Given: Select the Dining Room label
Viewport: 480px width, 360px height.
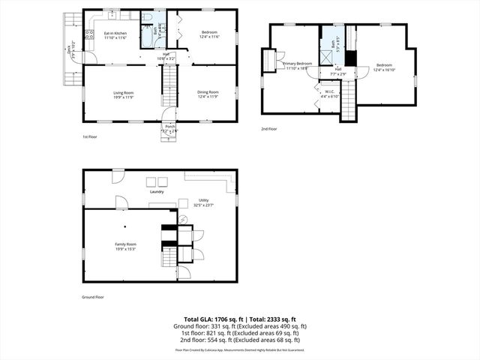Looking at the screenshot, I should point(208,94).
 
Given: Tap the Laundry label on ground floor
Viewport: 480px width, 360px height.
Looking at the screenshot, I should point(157,192).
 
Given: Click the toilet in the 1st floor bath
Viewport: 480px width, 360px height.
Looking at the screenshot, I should point(148,16).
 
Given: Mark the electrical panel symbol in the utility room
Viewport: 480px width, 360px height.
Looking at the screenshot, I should point(181,219).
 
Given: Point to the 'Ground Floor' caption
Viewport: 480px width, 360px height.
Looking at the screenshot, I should point(93,297).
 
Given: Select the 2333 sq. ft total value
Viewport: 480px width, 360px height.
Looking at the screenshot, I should point(281,319).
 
